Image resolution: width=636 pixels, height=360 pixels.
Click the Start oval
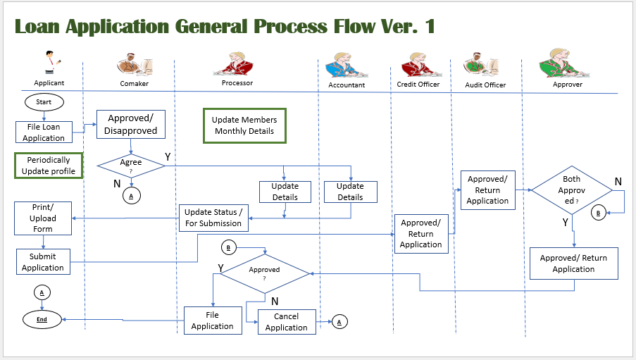(44, 102)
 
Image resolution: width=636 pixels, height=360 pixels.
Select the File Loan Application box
(44, 132)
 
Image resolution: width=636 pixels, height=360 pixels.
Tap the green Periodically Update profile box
(49, 166)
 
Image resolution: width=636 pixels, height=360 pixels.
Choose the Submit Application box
(43, 261)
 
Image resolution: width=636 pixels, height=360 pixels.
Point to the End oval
(42, 319)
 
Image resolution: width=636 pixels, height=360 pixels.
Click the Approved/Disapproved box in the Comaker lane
(131, 124)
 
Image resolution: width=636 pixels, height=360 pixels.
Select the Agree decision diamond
(131, 165)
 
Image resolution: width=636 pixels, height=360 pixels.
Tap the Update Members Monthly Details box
(244, 125)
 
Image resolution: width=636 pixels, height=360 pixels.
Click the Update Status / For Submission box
(213, 218)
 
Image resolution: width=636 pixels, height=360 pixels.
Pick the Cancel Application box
(286, 322)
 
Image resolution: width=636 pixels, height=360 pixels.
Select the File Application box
(212, 320)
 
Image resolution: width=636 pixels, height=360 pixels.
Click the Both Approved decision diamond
(571, 190)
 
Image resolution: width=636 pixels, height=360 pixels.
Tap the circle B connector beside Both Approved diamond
(598, 212)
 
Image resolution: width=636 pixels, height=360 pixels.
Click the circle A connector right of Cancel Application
(339, 322)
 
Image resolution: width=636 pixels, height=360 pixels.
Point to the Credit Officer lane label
(418, 85)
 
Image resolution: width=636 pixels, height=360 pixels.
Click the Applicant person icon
(49, 63)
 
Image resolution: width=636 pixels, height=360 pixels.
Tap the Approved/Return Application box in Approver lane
(573, 263)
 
